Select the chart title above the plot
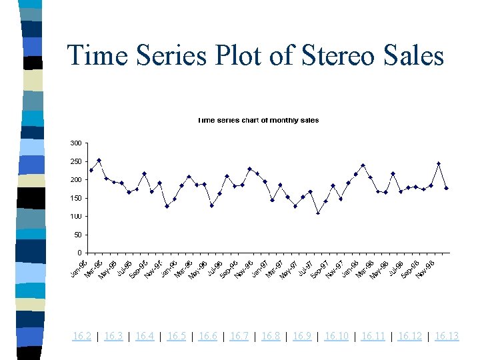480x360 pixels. (x=257, y=121)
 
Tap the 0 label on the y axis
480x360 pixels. (x=79, y=253)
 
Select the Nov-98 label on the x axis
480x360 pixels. (x=426, y=269)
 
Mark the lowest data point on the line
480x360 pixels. (x=318, y=213)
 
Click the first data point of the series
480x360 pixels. (x=91, y=170)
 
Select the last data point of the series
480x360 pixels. (x=446, y=188)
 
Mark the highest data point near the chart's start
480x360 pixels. (x=99, y=161)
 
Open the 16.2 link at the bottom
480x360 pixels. (x=82, y=336)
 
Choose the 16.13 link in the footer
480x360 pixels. (x=447, y=336)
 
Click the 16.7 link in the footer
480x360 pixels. (x=239, y=336)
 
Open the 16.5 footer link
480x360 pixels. (x=177, y=336)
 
